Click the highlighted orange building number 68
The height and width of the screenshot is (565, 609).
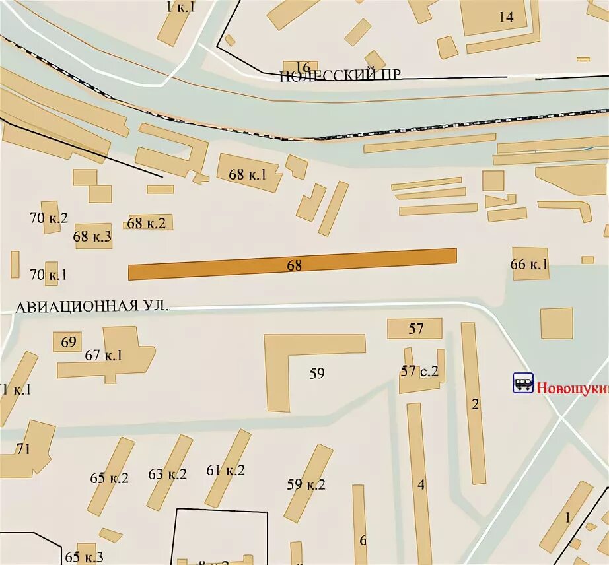click(x=293, y=264)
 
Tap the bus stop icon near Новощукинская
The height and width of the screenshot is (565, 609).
click(x=523, y=383)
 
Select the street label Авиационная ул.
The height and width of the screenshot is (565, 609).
click(x=92, y=306)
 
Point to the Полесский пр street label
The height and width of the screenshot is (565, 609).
click(x=340, y=75)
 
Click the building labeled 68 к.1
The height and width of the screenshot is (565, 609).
click(x=248, y=174)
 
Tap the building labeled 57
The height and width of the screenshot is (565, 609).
click(x=415, y=328)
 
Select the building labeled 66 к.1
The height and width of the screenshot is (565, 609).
click(x=530, y=264)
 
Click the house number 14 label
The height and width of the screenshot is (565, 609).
click(x=505, y=17)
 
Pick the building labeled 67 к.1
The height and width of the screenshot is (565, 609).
click(x=106, y=355)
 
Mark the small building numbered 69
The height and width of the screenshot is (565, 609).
click(x=68, y=342)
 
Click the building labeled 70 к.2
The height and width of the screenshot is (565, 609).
click(x=50, y=218)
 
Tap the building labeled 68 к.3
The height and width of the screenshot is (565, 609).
click(x=92, y=236)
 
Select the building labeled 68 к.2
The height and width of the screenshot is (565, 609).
click(x=147, y=223)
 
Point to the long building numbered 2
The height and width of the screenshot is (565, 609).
click(x=474, y=403)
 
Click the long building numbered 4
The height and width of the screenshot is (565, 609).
click(x=419, y=483)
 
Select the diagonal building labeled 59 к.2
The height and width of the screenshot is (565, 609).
click(x=308, y=483)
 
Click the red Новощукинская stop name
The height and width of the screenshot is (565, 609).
click(x=571, y=388)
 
